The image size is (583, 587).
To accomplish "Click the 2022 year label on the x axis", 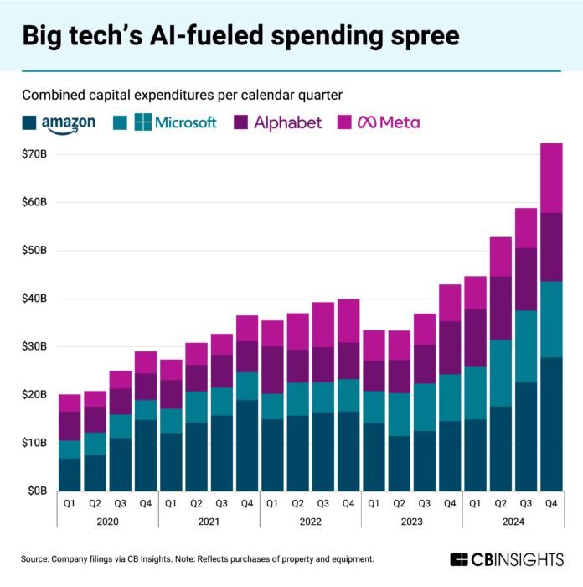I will tap(310, 520).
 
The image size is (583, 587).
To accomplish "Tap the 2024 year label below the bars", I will tap(512, 520).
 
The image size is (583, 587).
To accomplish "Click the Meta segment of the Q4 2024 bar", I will tap(550, 178).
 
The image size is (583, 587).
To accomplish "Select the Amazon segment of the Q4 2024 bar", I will tap(550, 423).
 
